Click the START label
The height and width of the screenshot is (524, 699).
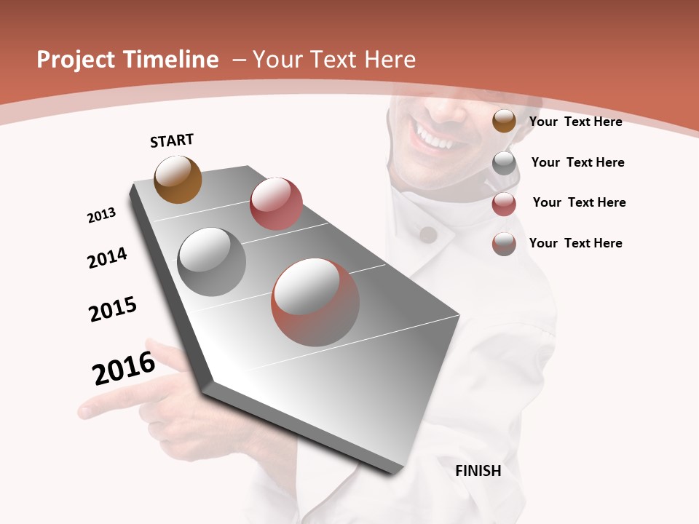[172, 140]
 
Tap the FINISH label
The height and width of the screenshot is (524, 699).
[478, 471]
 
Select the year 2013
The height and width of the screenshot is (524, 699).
[101, 215]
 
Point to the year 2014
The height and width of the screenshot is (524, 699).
[107, 258]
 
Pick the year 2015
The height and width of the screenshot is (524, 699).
[113, 309]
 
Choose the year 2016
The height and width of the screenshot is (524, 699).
[124, 368]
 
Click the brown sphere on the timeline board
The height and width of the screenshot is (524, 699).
[178, 179]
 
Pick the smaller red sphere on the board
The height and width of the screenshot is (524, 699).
[276, 203]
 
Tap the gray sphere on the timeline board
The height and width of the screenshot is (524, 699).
[212, 261]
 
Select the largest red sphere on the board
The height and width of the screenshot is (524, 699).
[315, 302]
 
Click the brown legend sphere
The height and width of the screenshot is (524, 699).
[504, 121]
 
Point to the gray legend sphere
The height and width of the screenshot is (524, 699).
[504, 163]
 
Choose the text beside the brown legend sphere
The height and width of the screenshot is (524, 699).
[575, 122]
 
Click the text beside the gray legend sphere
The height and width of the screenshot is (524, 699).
[577, 162]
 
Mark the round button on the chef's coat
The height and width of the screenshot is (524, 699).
[429, 234]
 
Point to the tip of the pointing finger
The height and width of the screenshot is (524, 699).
[84, 411]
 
